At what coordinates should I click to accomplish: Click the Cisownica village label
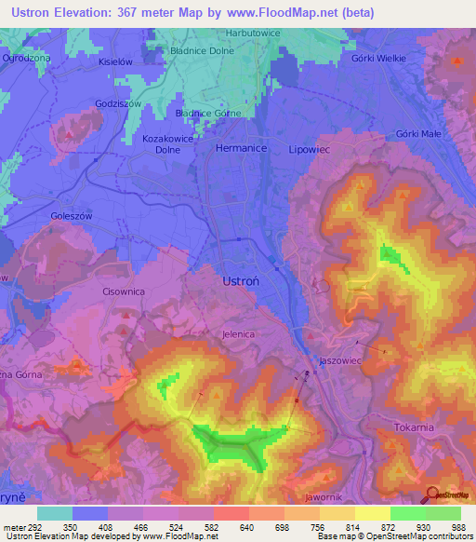click(124, 291)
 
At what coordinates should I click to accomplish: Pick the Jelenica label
click(239, 333)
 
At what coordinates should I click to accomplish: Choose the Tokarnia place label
click(414, 427)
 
